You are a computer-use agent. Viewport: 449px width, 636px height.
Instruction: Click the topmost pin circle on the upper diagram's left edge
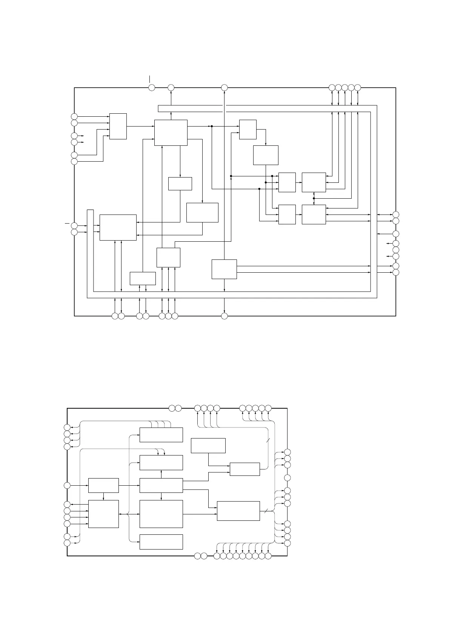click(74, 116)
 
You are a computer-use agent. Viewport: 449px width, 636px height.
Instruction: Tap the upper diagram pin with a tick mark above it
click(152, 88)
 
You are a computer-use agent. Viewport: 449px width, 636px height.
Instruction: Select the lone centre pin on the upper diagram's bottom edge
click(224, 316)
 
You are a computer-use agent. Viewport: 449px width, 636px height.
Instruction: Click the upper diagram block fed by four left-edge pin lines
click(118, 126)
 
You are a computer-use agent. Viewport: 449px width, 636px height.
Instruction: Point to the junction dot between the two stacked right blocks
click(314, 198)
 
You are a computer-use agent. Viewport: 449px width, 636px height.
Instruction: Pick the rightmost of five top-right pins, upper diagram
click(358, 88)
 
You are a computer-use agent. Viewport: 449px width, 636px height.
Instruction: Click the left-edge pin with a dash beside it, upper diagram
click(74, 225)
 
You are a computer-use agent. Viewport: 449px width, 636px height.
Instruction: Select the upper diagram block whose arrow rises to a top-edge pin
click(171, 132)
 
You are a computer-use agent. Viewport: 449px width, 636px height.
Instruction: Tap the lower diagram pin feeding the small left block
click(67, 485)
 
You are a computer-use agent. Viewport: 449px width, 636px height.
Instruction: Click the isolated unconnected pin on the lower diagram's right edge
click(288, 478)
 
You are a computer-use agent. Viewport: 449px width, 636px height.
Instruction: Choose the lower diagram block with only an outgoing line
click(208, 445)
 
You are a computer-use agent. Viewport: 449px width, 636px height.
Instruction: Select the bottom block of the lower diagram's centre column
click(161, 542)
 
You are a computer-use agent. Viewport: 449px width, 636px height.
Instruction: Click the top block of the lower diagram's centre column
click(161, 435)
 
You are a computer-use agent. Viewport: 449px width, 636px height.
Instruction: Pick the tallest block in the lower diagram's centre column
click(161, 514)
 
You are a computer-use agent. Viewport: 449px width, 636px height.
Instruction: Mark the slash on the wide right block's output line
click(266, 511)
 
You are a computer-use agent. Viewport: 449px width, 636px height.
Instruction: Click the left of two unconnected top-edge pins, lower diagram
click(172, 408)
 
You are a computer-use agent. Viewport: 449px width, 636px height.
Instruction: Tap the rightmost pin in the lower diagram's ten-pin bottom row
click(268, 556)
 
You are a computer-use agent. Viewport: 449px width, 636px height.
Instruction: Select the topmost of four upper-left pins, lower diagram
click(67, 427)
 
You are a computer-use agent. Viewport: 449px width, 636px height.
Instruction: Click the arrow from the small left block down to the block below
click(103, 497)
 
